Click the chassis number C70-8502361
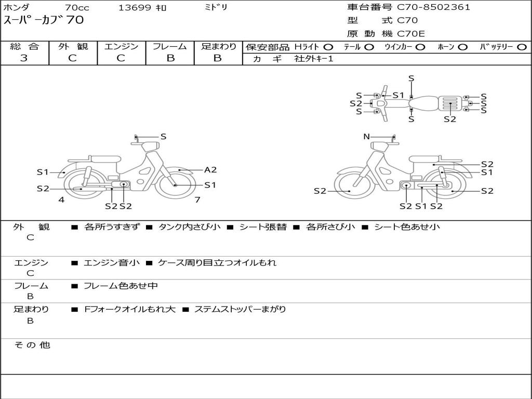coord(434,7)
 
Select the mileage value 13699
coord(135,7)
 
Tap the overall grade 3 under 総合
coord(24,58)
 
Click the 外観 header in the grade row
coord(73,46)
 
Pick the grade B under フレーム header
coord(170,58)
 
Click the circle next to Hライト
coord(328,47)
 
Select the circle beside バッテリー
coord(522,47)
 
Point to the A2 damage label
coord(210,170)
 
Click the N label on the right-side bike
coord(366,137)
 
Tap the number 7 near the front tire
coord(197,199)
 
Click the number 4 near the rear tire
coord(61,199)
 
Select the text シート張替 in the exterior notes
coord(263,227)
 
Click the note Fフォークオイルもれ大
coord(129,309)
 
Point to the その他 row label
coord(32,345)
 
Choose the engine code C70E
coord(411,34)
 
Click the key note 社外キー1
coord(314,59)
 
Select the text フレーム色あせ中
coord(121,286)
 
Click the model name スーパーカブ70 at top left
coord(44,20)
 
